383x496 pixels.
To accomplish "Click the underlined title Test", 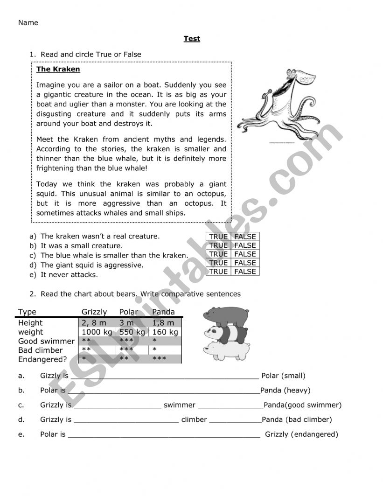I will tap(192, 39).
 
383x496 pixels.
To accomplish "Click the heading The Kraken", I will tap(58, 70).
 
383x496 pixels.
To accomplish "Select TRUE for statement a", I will tap(218, 237).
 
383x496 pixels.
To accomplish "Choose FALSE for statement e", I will tap(245, 272).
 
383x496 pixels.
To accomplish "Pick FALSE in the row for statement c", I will tap(245, 254).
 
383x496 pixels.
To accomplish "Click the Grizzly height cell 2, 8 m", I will tap(94, 323).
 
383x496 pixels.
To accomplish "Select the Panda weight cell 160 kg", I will tap(165, 332).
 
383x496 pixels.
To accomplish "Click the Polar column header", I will tap(129, 312).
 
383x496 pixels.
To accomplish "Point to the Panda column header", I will tap(163, 312).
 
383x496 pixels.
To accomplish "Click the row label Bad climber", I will tap(41, 350).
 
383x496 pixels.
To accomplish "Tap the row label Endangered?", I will tap(42, 359).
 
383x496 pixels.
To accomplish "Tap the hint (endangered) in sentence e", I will tap(314, 434).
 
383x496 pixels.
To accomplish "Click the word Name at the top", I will tap(28, 22).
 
